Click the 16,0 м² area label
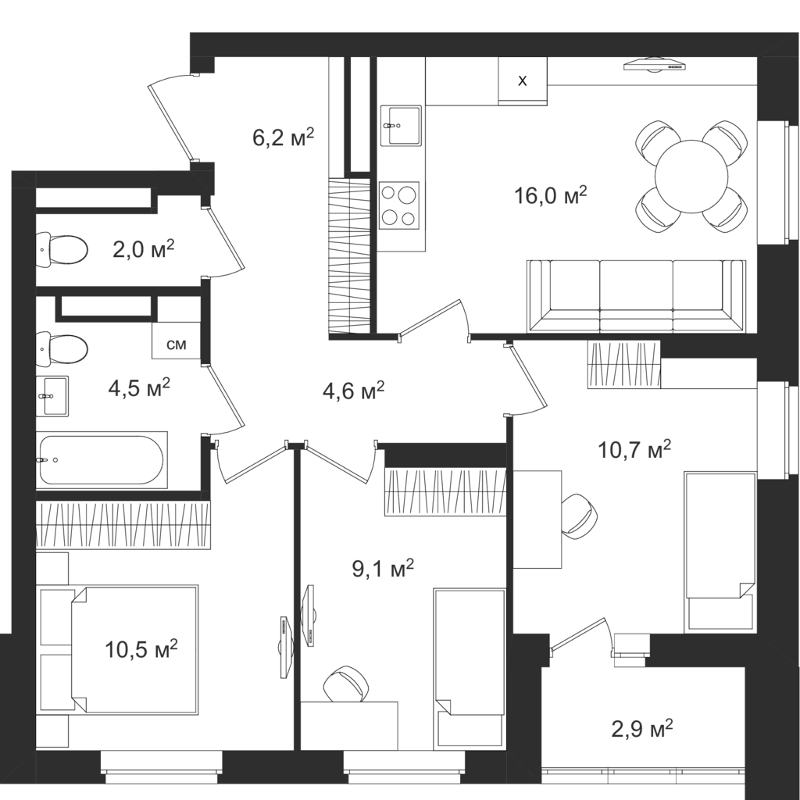551,195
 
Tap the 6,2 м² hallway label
283,137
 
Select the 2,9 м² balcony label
642,729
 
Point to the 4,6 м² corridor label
354,391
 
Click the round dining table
691,176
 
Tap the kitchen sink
401,126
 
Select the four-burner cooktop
399,205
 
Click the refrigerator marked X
523,80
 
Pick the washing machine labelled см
176,341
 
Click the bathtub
102,459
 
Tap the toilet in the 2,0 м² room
62,249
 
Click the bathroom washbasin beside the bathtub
52,396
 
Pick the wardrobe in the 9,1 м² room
445,492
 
